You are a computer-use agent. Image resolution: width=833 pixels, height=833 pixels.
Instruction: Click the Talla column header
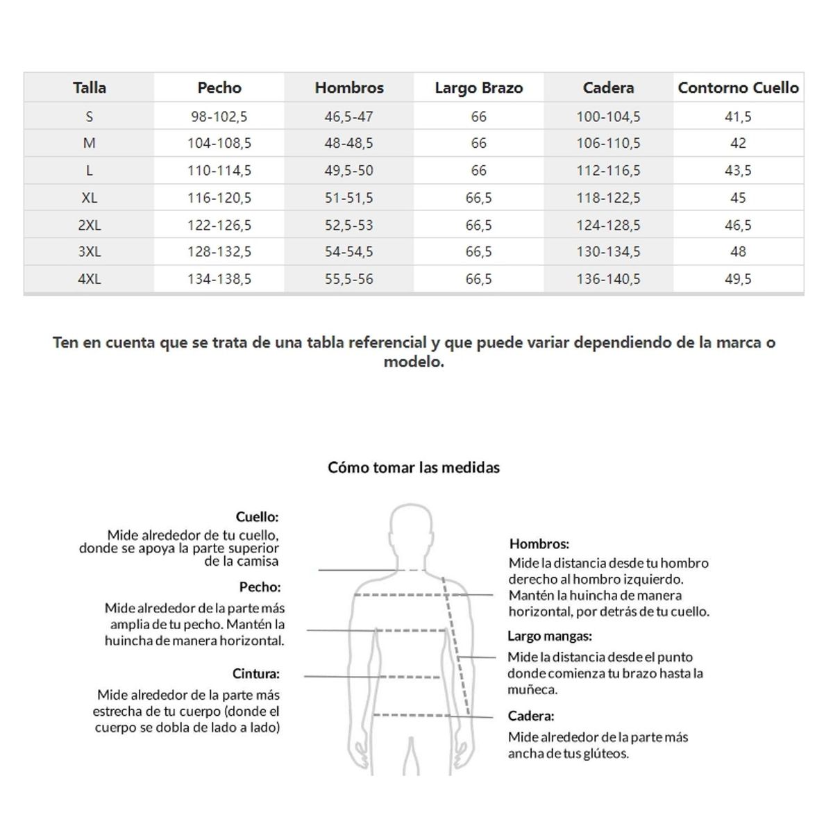click(89, 88)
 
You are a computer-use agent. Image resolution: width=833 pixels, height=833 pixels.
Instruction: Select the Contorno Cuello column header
click(738, 88)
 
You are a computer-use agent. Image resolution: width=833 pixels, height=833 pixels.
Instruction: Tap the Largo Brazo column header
click(478, 88)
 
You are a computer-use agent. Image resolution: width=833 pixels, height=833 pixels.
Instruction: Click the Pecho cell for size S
click(219, 117)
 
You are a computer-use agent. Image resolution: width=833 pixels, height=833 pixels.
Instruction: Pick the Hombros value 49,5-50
click(348, 171)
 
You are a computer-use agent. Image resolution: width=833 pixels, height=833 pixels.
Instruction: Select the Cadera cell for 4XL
click(608, 279)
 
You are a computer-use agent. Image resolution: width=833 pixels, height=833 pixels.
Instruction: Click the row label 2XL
click(89, 226)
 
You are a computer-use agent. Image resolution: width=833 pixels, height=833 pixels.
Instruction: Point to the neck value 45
click(738, 198)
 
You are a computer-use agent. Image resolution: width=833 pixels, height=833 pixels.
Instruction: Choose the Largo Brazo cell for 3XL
click(478, 252)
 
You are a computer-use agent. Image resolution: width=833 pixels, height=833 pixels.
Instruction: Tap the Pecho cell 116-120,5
click(219, 198)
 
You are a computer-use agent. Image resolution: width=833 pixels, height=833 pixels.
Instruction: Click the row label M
click(89, 144)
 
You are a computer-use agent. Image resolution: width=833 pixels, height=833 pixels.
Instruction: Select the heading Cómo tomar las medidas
click(414, 468)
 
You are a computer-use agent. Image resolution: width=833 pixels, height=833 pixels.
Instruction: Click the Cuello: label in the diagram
click(257, 517)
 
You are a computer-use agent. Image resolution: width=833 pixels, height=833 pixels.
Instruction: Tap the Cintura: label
click(256, 674)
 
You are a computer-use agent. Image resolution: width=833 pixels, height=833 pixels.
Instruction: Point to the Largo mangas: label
click(550, 636)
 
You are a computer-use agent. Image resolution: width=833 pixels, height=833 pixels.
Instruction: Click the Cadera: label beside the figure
click(531, 716)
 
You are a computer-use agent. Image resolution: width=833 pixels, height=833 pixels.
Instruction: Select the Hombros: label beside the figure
click(539, 544)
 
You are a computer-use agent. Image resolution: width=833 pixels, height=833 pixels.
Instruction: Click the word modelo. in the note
click(414, 362)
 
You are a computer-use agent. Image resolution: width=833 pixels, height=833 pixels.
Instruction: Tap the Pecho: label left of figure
click(260, 587)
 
